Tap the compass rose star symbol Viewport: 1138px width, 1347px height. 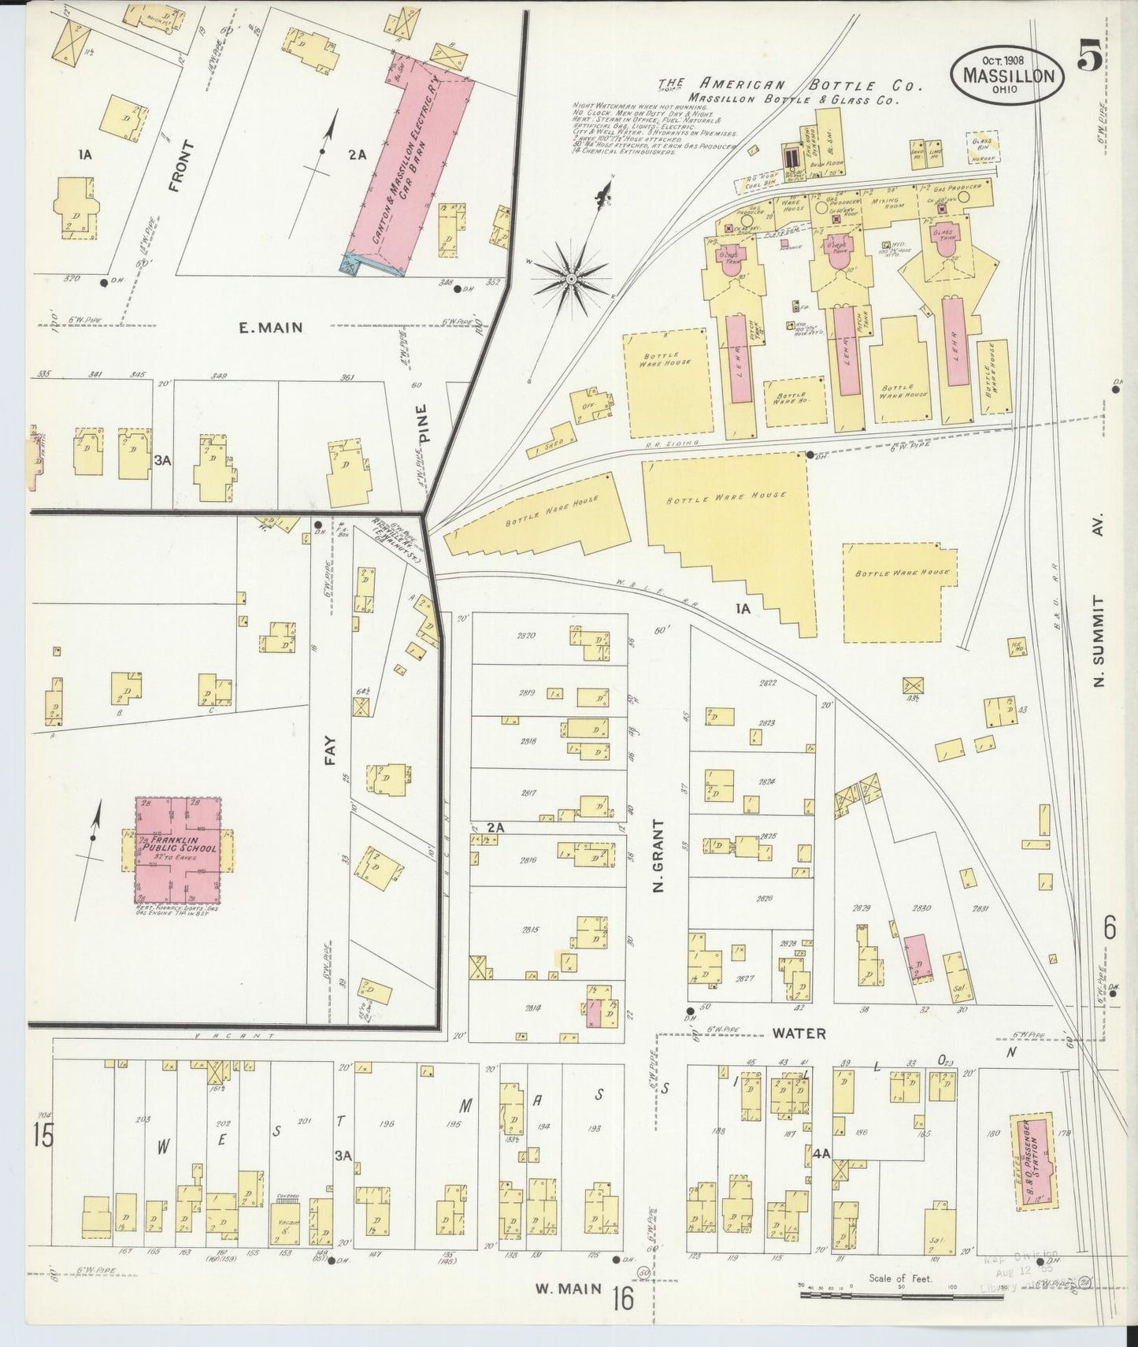click(x=572, y=279)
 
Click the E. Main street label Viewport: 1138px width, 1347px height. click(x=270, y=327)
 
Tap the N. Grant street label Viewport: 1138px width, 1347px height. click(x=659, y=855)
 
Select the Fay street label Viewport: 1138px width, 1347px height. click(x=329, y=752)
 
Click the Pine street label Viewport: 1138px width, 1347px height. click(x=421, y=425)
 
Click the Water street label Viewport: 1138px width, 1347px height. click(x=799, y=1033)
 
